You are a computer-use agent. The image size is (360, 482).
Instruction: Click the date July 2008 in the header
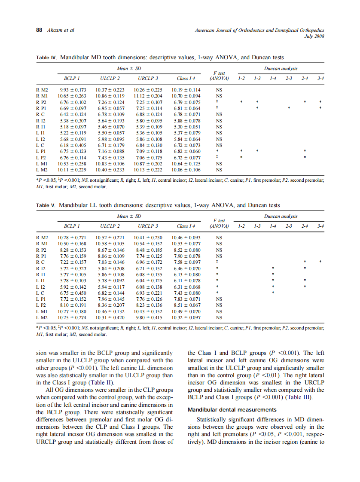tap(314, 36)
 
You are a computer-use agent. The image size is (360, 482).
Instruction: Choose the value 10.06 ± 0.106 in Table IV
tap(186, 170)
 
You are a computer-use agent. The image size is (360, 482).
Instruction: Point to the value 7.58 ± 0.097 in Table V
tap(186, 262)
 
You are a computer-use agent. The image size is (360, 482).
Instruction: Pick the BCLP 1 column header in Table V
tap(72, 226)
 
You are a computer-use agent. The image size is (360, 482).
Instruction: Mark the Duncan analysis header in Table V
tap(281, 216)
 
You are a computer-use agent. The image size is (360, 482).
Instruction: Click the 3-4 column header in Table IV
tap(320, 78)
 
